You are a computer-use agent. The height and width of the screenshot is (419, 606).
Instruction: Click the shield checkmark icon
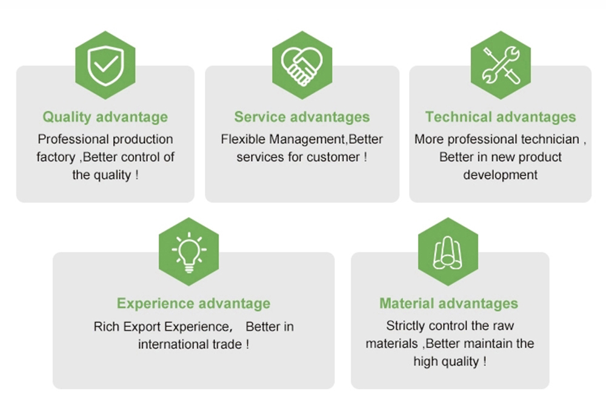(x=105, y=65)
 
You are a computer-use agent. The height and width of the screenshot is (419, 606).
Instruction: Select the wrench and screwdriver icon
(x=501, y=65)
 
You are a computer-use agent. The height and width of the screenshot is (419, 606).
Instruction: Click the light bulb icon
(x=189, y=252)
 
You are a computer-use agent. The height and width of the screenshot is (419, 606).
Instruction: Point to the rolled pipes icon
(x=448, y=252)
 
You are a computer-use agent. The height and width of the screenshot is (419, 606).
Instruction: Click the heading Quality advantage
(x=105, y=117)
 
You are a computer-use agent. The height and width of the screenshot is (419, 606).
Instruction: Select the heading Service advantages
(x=302, y=117)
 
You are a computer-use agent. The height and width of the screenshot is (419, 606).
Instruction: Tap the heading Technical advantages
(x=501, y=117)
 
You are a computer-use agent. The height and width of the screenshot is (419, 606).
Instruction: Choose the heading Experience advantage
(x=194, y=303)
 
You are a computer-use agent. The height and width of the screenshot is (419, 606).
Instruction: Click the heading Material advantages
(x=448, y=303)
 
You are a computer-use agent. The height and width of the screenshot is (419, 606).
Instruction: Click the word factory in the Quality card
(x=56, y=158)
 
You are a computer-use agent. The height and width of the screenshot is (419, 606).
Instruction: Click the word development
(x=500, y=175)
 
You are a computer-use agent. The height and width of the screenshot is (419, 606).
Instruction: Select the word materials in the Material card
(x=391, y=344)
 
